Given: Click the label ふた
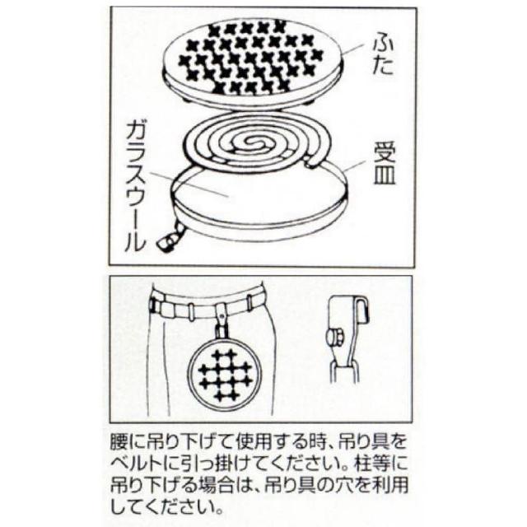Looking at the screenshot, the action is pyautogui.click(x=382, y=56).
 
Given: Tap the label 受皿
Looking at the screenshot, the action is pyautogui.click(x=385, y=163).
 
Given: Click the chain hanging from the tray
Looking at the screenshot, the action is pyautogui.click(x=172, y=237).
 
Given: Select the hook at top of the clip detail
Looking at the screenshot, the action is pyautogui.click(x=362, y=309).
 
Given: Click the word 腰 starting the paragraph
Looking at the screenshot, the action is pyautogui.click(x=119, y=443).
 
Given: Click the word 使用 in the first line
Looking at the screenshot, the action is pyautogui.click(x=254, y=443).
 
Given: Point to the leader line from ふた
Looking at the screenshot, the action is pyautogui.click(x=353, y=49).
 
